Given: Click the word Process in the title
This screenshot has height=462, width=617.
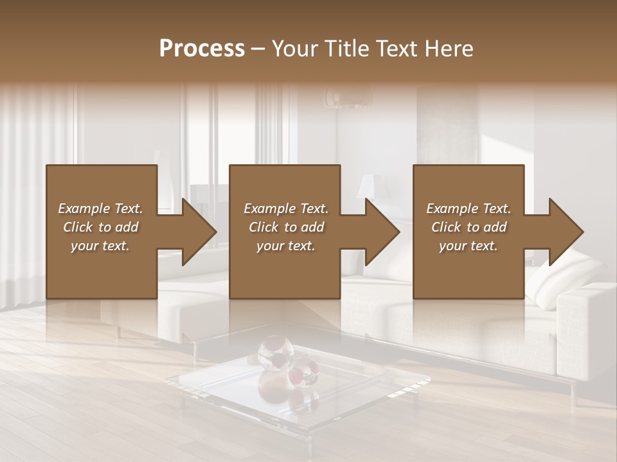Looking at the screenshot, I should (202, 49).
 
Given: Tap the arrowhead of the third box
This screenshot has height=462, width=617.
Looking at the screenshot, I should (566, 232).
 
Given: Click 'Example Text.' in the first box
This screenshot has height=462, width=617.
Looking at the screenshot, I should (100, 209).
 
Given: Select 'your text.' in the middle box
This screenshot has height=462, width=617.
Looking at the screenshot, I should (286, 246).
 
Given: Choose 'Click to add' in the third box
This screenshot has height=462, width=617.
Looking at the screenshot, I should (469, 227).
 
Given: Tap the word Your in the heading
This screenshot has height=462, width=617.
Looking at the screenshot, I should (295, 49).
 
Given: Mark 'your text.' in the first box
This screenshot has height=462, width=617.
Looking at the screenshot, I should (100, 246).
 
